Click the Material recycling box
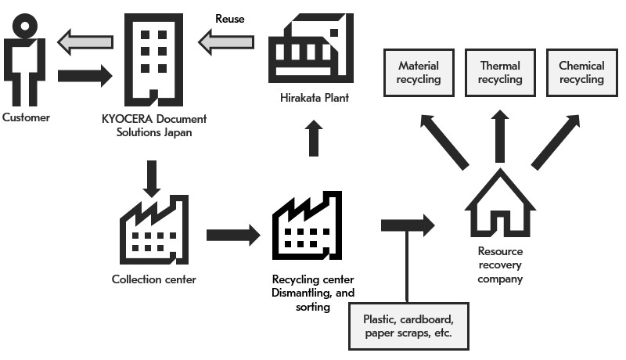click(419, 73)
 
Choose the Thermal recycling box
click(500, 73)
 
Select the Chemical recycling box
click(581, 73)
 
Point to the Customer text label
click(26, 117)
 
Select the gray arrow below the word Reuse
click(226, 41)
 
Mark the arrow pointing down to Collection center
click(153, 178)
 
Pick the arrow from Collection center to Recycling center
click(232, 233)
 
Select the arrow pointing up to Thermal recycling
click(500, 135)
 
